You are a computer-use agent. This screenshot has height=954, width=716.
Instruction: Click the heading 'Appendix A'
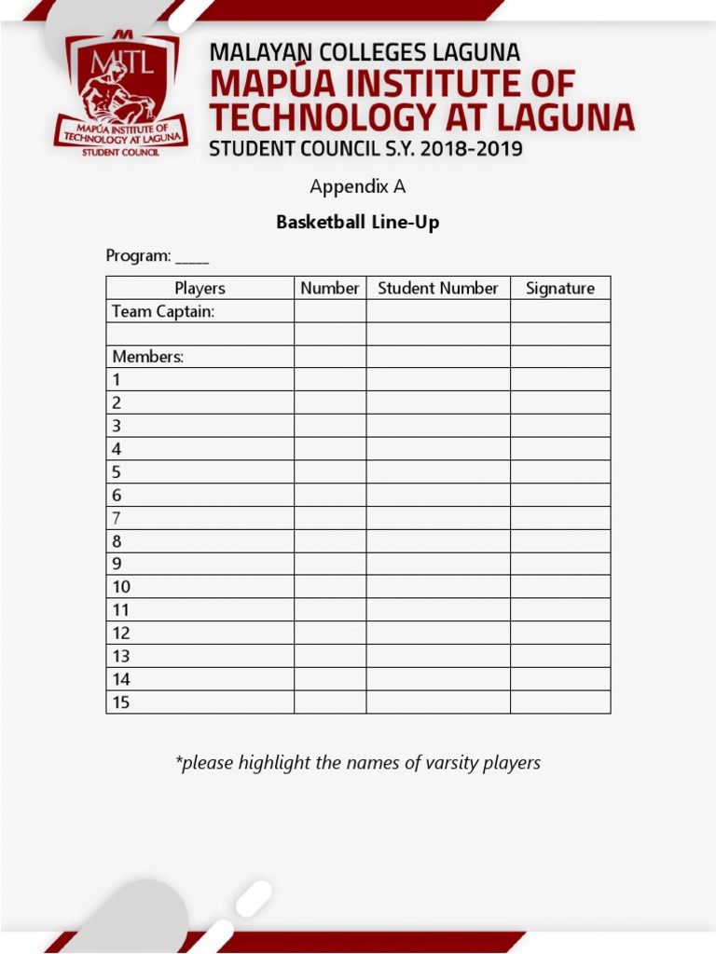click(x=358, y=186)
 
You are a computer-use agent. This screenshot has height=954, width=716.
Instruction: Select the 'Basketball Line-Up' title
click(x=358, y=223)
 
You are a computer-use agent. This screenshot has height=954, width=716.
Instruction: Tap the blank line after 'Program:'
click(x=192, y=256)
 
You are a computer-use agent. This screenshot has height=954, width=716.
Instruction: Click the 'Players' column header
click(x=200, y=288)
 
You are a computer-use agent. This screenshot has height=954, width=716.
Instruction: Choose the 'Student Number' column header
click(x=438, y=288)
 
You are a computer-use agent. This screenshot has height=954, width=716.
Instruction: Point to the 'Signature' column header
click(x=559, y=288)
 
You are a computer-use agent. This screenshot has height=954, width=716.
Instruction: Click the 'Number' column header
click(x=330, y=288)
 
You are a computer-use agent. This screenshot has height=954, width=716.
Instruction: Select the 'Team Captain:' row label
click(x=164, y=311)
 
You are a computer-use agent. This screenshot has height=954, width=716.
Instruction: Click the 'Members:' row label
click(x=148, y=357)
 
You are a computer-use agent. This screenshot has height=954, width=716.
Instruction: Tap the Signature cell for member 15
click(x=559, y=702)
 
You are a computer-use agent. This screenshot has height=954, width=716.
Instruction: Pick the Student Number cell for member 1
click(x=438, y=380)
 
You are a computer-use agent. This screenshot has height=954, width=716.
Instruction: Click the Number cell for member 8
click(x=330, y=541)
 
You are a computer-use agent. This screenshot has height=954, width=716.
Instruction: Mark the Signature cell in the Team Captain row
click(x=559, y=311)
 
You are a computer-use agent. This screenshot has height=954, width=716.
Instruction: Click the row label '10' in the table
click(x=122, y=587)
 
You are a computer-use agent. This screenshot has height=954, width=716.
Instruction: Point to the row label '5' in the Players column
click(x=117, y=472)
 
